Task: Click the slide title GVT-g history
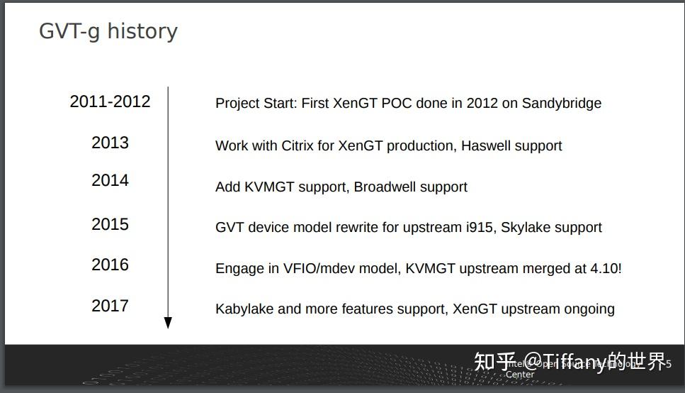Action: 108,31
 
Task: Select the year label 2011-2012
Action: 110,101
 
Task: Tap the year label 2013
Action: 110,143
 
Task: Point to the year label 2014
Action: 110,181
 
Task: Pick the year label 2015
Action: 110,224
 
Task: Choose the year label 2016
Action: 110,265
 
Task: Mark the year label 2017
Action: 110,306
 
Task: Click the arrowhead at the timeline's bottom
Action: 168,323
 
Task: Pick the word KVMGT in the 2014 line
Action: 269,187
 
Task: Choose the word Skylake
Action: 526,228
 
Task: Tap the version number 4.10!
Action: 606,269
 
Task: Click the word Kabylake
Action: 244,309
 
